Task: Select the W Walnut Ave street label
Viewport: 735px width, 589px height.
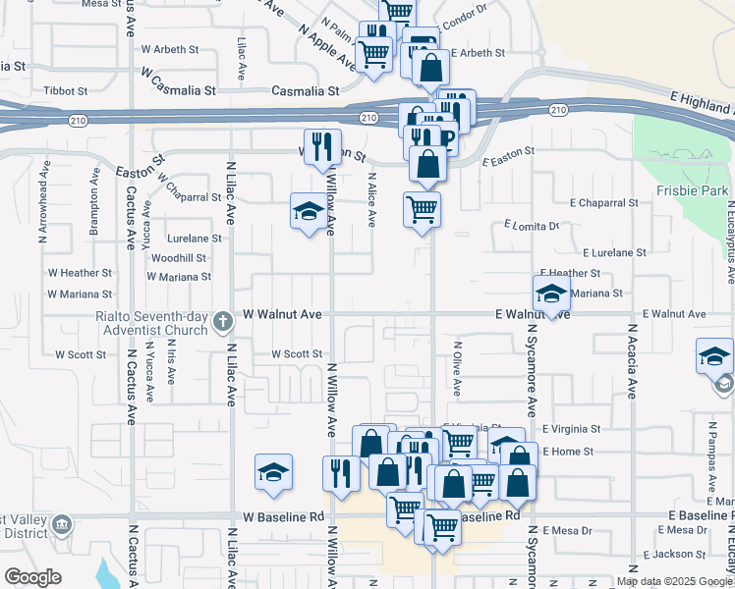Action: pos(283,314)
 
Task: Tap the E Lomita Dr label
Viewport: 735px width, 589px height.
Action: pos(532,226)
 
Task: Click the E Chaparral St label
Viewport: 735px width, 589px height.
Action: pos(603,203)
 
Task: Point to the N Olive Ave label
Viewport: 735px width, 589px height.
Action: pos(457,369)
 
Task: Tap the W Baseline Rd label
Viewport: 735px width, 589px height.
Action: pos(284,516)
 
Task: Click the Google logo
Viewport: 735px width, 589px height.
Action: pos(32,578)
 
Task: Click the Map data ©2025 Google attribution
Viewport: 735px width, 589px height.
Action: pos(673,581)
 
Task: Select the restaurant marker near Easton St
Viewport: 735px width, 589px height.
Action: pos(322,147)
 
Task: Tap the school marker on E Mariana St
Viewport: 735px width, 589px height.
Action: pos(551,293)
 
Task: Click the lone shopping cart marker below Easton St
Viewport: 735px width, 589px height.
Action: pos(422,209)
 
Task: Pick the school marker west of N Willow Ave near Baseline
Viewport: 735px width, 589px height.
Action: pos(274,472)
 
